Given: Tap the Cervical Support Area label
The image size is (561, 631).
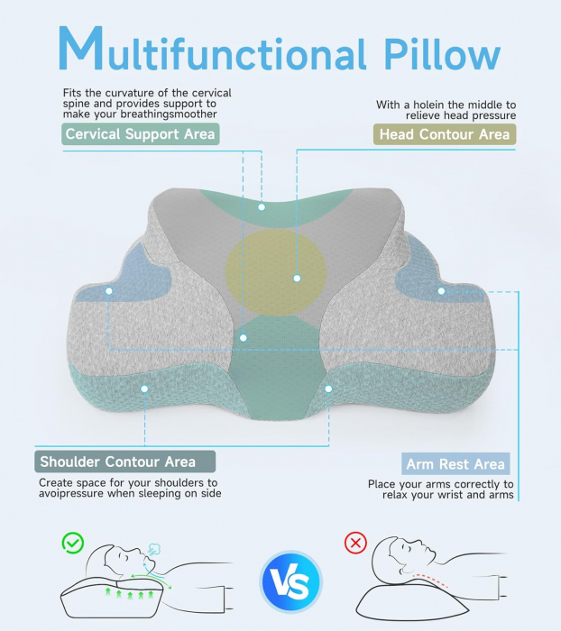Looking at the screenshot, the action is [x=141, y=134].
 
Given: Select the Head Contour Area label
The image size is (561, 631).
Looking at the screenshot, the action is [x=444, y=134].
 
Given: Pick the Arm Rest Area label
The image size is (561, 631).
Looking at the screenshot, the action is [x=455, y=464].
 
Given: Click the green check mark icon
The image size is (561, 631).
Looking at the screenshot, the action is [x=72, y=543].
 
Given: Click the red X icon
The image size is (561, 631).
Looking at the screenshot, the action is [x=356, y=544].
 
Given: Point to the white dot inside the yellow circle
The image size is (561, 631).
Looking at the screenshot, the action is [x=297, y=278].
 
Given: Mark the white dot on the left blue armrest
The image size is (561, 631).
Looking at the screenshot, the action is [x=109, y=291].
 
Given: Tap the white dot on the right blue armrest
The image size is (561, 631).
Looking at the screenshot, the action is [x=441, y=290].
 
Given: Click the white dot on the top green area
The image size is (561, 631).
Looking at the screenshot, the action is [x=262, y=206].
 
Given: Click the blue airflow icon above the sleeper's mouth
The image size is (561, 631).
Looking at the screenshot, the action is [x=154, y=549].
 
